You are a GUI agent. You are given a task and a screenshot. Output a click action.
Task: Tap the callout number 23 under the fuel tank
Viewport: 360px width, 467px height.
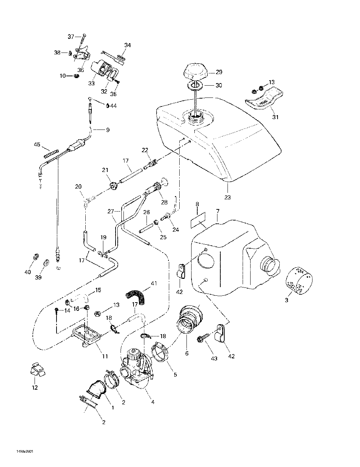pyautogui.click(x=228, y=197)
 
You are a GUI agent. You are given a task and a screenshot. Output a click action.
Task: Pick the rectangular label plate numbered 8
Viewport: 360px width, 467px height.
pyautogui.click(x=198, y=219)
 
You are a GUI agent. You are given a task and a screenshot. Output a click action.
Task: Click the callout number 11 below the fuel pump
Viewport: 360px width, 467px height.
pyautogui.click(x=105, y=357)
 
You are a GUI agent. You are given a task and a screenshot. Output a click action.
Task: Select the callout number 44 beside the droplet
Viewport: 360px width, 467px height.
pyautogui.click(x=114, y=106)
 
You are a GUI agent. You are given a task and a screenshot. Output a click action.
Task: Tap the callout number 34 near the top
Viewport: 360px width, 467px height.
pyautogui.click(x=127, y=45)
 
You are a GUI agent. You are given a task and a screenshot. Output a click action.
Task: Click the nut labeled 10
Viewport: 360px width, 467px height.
pyautogui.click(x=76, y=76)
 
